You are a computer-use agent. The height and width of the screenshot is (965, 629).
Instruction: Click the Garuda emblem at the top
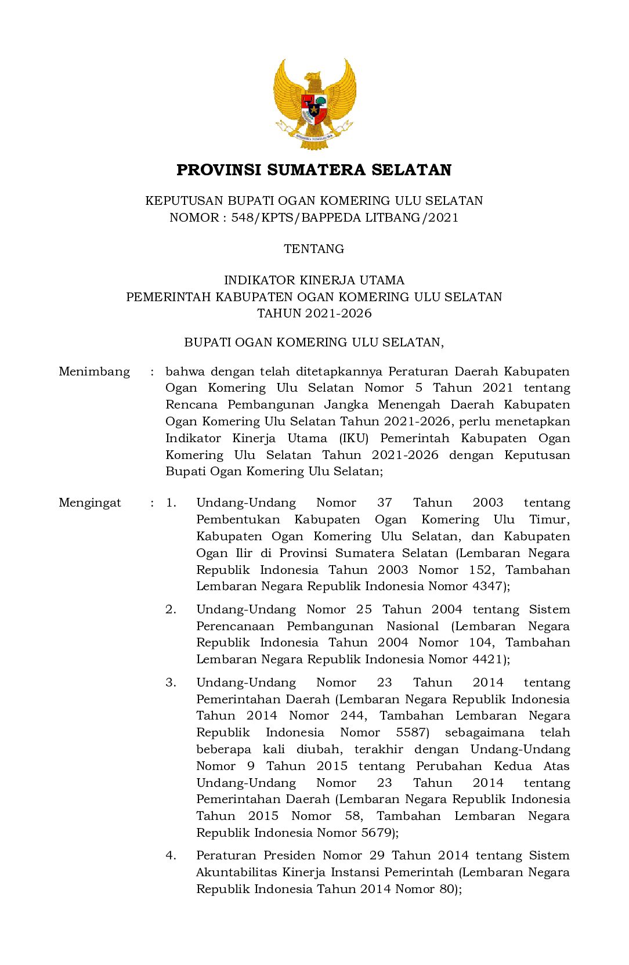pyautogui.click(x=314, y=103)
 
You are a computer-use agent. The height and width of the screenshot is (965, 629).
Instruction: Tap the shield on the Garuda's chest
pyautogui.click(x=314, y=109)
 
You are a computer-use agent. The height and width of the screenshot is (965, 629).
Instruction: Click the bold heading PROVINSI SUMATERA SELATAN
pyautogui.click(x=314, y=170)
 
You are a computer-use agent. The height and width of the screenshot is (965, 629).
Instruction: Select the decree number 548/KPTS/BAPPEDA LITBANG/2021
pyautogui.click(x=345, y=218)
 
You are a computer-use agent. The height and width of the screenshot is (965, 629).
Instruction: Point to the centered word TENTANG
pyautogui.click(x=314, y=249)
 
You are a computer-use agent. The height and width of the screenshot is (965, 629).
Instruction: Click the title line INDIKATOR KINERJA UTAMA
pyautogui.click(x=314, y=280)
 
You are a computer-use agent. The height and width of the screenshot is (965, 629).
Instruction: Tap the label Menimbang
pyautogui.click(x=94, y=371)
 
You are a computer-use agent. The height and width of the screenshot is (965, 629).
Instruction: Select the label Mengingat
pyautogui.click(x=90, y=503)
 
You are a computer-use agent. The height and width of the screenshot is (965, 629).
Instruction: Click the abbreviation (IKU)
pyautogui.click(x=354, y=438)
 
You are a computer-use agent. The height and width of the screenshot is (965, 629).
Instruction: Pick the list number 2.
pyautogui.click(x=171, y=609)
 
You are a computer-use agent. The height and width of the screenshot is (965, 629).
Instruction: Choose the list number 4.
pyautogui.click(x=171, y=855)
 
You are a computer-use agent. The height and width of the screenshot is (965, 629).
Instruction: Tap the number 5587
pyautogui.click(x=413, y=732)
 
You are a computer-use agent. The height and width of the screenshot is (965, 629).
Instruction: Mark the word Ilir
pyautogui.click(x=244, y=553)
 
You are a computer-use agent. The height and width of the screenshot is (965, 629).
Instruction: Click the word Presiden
pyautogui.click(x=288, y=855)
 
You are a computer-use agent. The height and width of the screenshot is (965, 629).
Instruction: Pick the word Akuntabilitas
pyautogui.click(x=236, y=872)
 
